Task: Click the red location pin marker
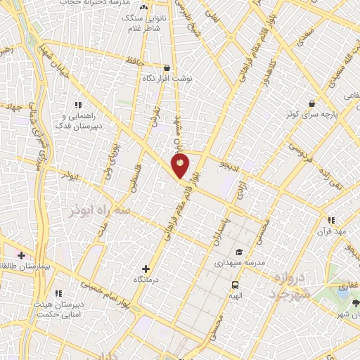coord(180,165)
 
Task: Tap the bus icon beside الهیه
coord(235,285)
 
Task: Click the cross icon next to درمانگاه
coord(146,268)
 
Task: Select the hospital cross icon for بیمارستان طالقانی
coord(22,254)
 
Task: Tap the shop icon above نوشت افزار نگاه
coord(167,68)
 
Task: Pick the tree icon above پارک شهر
coord(356,303)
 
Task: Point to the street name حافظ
coord(135,61)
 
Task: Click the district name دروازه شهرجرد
coord(285,285)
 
